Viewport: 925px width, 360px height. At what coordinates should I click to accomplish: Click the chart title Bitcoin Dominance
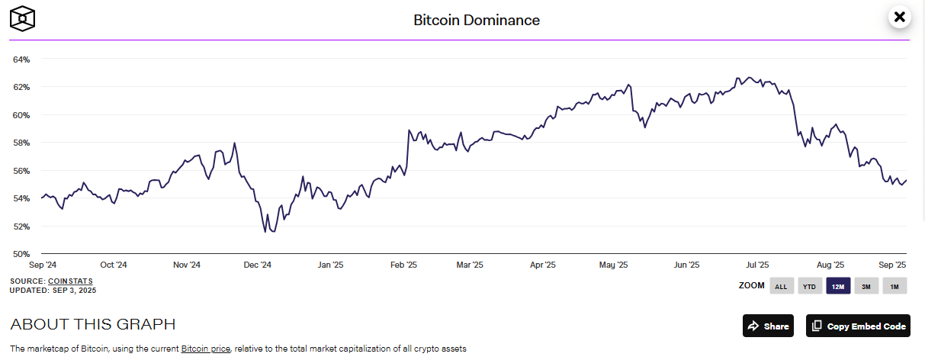[477, 20]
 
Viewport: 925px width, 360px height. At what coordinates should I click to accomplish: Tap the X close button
[900, 17]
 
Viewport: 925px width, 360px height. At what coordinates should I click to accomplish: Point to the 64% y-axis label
[21, 59]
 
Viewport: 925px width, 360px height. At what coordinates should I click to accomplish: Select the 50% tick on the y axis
[21, 254]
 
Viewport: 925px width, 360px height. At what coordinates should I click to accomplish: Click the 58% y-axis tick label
[21, 143]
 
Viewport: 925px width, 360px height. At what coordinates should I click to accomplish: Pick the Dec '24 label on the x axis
[257, 265]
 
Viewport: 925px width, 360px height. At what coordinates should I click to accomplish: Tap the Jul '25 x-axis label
[757, 265]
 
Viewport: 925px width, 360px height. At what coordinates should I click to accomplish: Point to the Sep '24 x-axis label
[42, 265]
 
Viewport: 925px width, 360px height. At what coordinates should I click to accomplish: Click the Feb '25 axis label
[403, 265]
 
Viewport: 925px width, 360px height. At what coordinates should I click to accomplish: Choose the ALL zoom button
[781, 287]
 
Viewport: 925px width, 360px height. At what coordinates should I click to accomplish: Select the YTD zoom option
[809, 287]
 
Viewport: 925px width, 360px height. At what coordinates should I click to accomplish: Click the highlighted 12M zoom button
[838, 287]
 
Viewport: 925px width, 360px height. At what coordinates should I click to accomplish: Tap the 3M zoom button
[866, 287]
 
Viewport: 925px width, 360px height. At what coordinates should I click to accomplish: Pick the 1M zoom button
[894, 287]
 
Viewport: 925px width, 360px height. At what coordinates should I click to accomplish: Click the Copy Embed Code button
[859, 326]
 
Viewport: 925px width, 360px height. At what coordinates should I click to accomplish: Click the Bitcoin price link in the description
[206, 349]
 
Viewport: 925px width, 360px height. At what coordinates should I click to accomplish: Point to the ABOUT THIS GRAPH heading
[93, 324]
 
